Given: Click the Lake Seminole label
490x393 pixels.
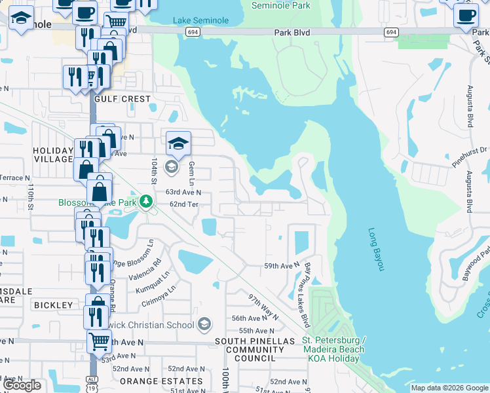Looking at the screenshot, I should pyautogui.click(x=201, y=20).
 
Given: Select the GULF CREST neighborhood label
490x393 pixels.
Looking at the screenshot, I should pyautogui.click(x=122, y=99).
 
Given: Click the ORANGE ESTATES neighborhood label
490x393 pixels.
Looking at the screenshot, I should pyautogui.click(x=161, y=381).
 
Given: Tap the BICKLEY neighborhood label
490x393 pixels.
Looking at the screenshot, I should pyautogui.click(x=54, y=305).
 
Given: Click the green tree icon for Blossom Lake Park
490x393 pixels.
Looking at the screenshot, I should pyautogui.click(x=148, y=201).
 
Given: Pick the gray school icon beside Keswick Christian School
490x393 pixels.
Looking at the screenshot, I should pyautogui.click(x=204, y=324).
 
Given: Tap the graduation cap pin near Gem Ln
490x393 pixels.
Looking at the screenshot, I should pyautogui.click(x=178, y=143).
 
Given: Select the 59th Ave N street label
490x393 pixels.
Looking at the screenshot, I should pyautogui.click(x=281, y=266).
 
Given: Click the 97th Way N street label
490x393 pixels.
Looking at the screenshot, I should pyautogui.click(x=263, y=306).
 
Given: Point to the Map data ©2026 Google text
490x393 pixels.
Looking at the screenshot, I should pyautogui.click(x=449, y=388).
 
